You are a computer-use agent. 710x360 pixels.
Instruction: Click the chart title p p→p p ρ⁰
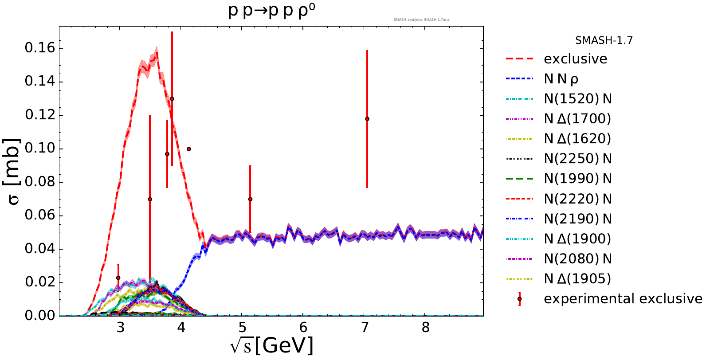[271, 11]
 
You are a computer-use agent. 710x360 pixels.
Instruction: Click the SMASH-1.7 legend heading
[604, 40]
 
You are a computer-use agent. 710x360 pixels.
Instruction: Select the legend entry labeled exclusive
[575, 59]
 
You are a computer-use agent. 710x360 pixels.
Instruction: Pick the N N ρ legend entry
[561, 79]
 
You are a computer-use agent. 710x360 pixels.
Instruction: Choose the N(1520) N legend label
[577, 99]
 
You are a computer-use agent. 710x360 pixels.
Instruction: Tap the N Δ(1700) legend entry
[577, 119]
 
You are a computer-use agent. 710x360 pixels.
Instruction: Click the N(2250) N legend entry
[577, 159]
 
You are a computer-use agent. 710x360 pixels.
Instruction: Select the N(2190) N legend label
[577, 219]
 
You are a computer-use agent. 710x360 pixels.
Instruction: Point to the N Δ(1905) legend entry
[577, 279]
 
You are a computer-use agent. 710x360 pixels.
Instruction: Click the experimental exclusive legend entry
[623, 299]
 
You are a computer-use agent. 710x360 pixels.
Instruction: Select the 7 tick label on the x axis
[365, 328]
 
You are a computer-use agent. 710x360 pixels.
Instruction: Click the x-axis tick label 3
[120, 328]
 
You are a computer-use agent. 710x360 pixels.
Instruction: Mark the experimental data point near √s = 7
[367, 119]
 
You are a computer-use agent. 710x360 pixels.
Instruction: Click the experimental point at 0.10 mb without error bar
[189, 149]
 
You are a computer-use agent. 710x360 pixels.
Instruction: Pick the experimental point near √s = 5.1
[250, 199]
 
